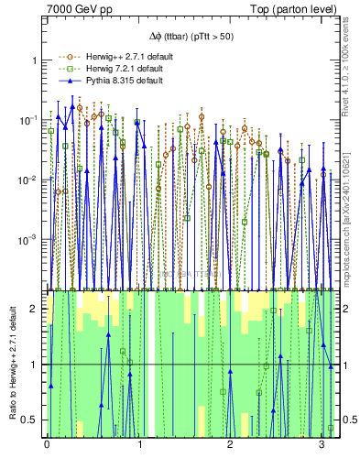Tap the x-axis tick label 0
click(47, 447)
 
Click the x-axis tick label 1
click(138, 447)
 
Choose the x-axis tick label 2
click(230, 447)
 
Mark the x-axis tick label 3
click(321, 447)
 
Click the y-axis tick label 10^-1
click(29, 120)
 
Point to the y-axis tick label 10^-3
click(29, 239)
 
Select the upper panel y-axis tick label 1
click(35, 60)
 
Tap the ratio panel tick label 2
click(35, 309)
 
